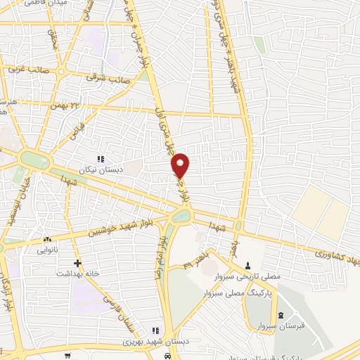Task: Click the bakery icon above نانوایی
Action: [x=48, y=240]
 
